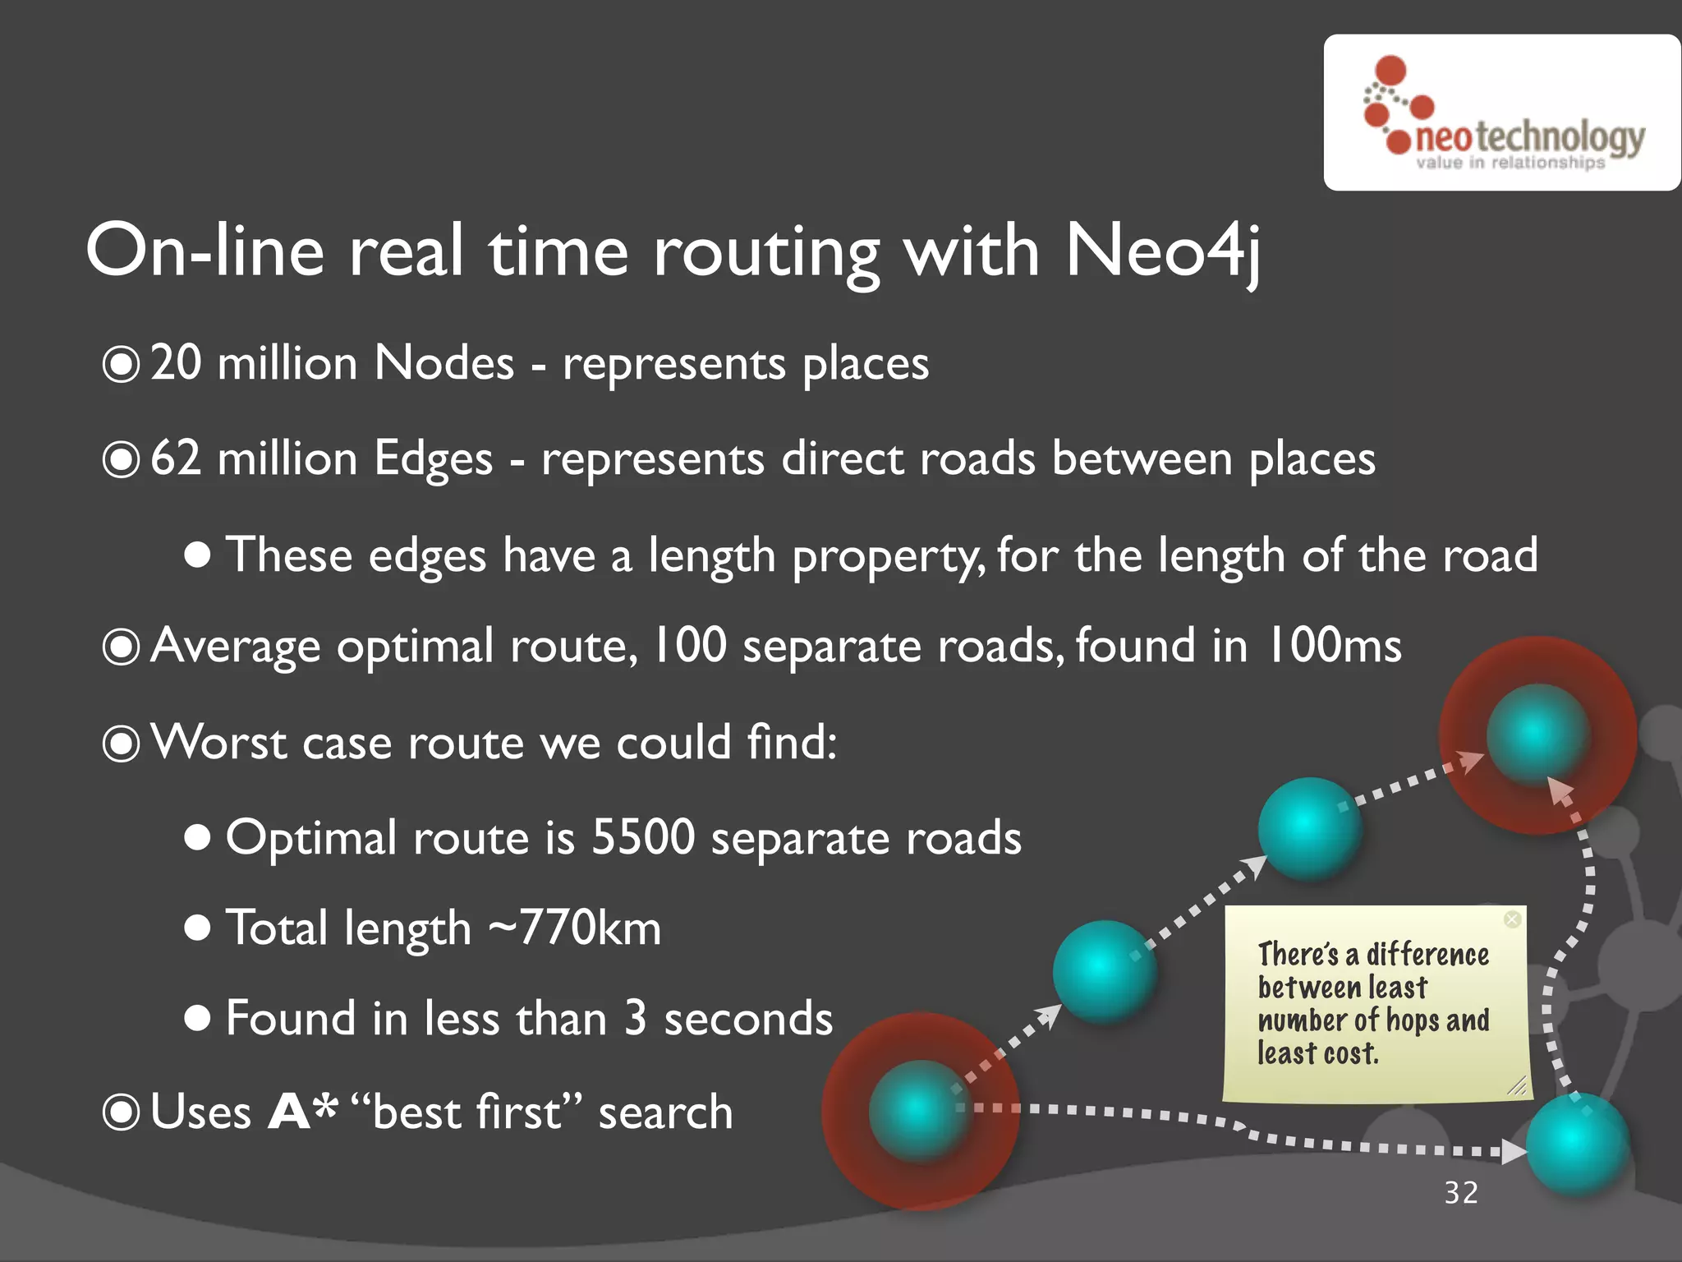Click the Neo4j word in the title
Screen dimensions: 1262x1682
click(1162, 251)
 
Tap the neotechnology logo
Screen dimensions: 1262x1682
click(1502, 113)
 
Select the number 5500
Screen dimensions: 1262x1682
click(643, 837)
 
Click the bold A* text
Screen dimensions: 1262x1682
click(302, 1112)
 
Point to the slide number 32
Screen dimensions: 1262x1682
click(1461, 1192)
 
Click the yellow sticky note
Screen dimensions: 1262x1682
click(1374, 1003)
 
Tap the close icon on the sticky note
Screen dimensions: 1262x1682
click(1511, 919)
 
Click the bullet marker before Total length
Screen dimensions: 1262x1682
click(197, 929)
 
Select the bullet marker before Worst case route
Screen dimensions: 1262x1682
click(122, 744)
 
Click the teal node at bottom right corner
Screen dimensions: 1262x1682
click(1577, 1144)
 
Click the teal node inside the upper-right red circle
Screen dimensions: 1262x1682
click(1536, 734)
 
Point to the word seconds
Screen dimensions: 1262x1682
click(748, 1019)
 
